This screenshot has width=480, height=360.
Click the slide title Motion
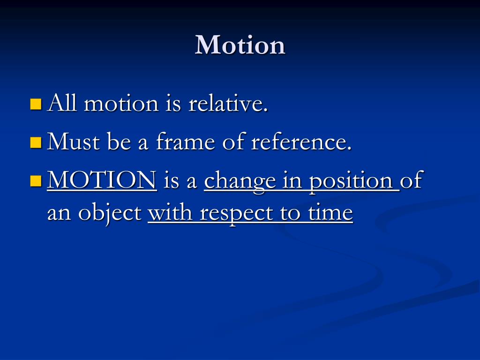tap(240, 45)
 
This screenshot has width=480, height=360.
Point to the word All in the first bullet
tap(62, 103)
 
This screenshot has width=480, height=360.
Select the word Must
tap(74, 142)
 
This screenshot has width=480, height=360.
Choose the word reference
tap(301, 142)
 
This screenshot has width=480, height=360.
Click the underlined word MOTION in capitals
tap(102, 180)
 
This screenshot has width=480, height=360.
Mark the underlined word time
tap(330, 213)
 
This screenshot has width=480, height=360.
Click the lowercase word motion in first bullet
tap(121, 104)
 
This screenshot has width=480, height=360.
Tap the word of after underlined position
tap(412, 180)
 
